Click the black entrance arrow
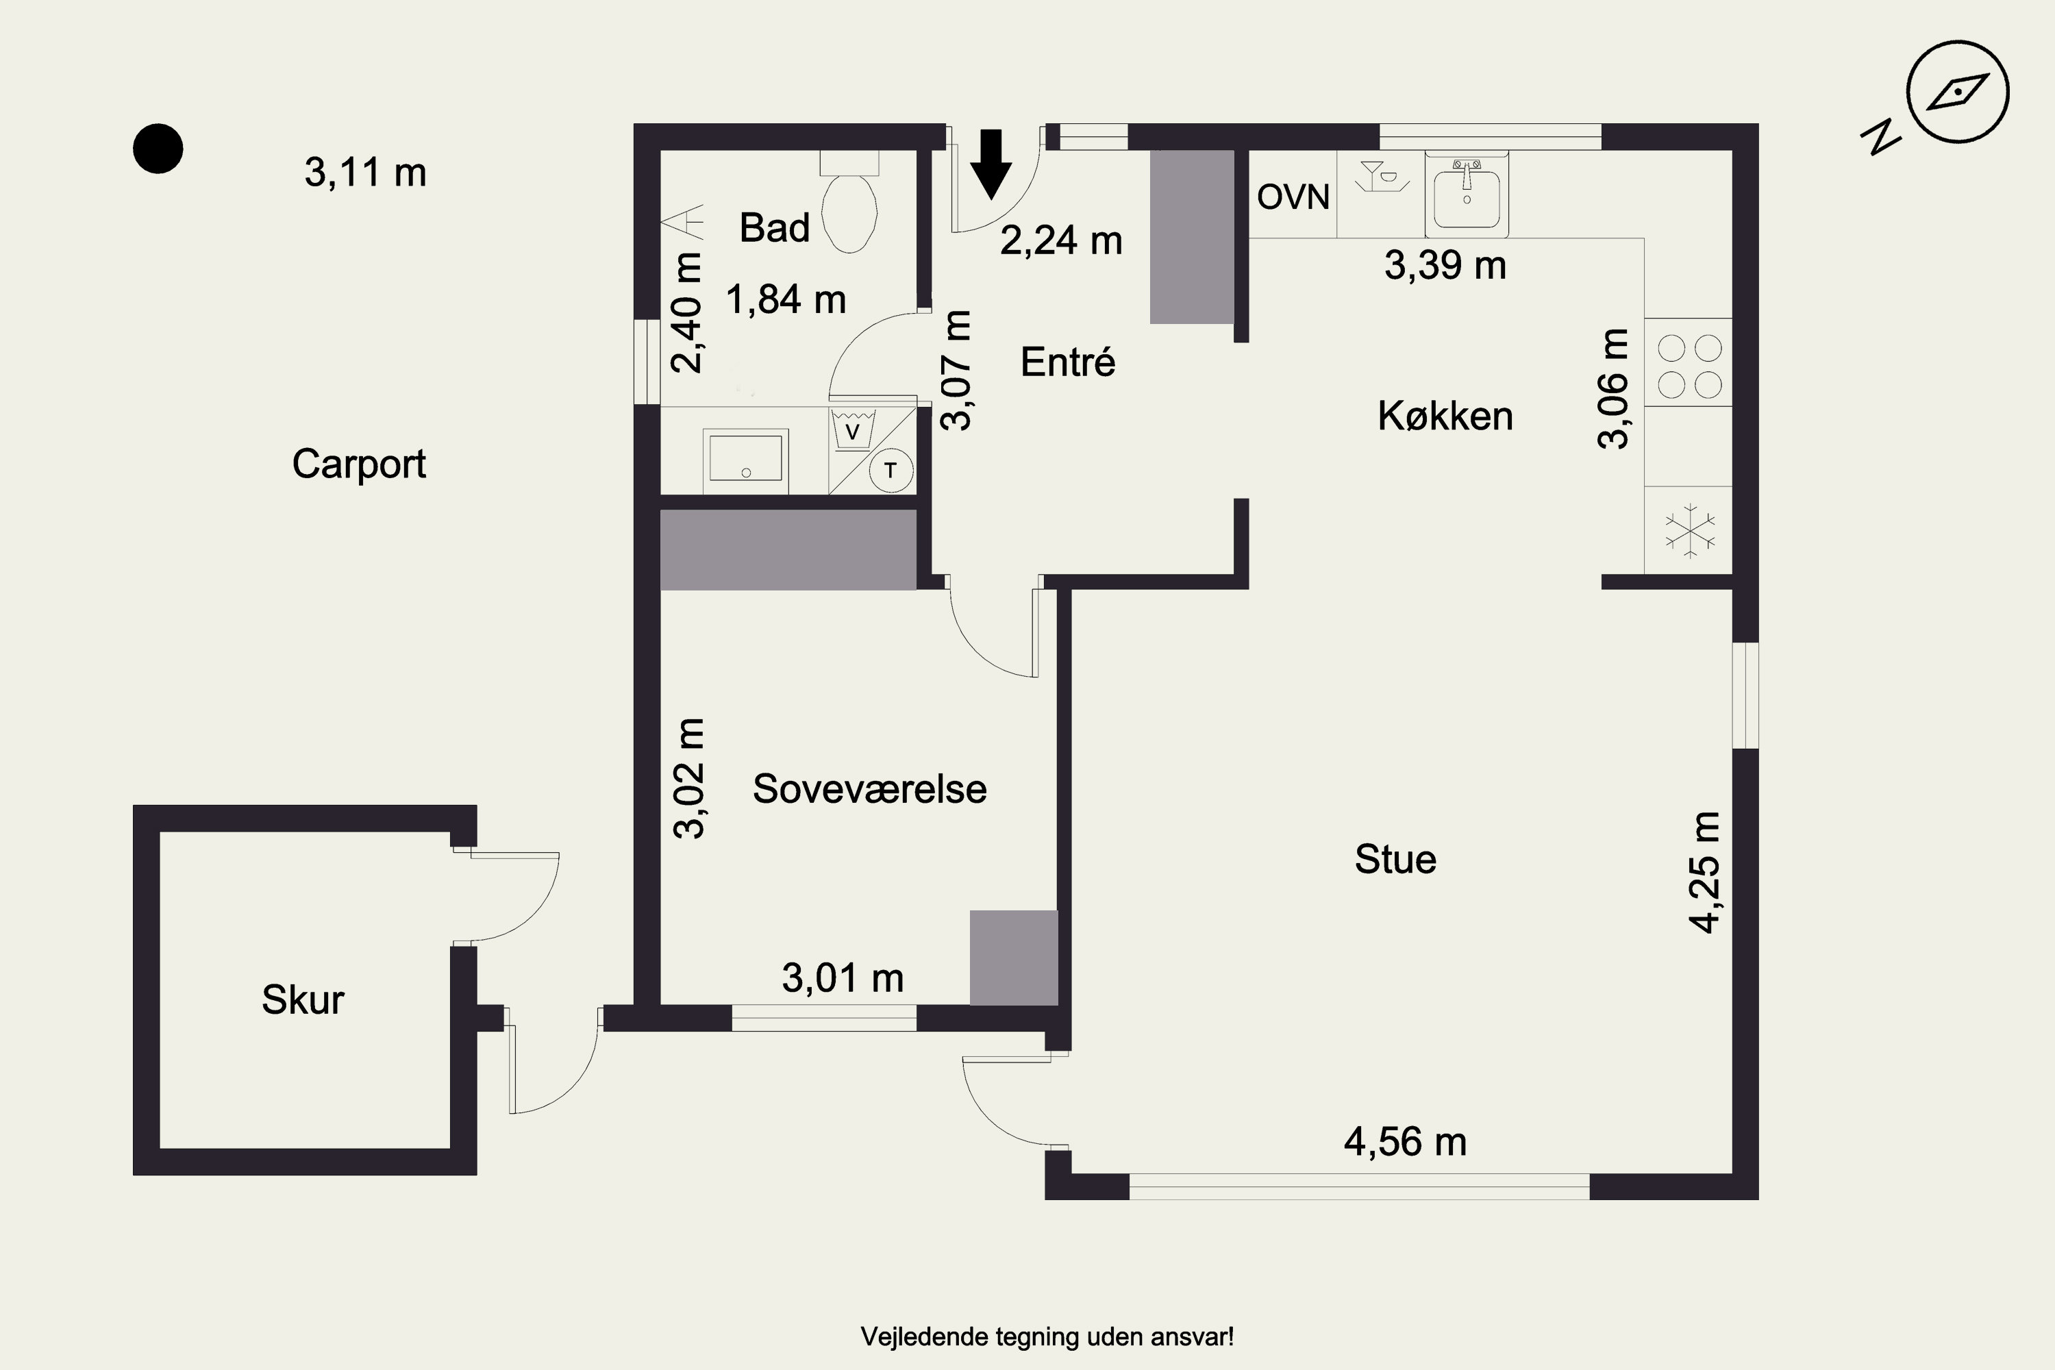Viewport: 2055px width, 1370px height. pyautogui.click(x=991, y=164)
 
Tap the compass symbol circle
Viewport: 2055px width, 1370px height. pyautogui.click(x=1958, y=91)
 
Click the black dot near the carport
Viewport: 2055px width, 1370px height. pyautogui.click(x=158, y=149)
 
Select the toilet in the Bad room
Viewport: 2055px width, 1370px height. pyautogui.click(x=849, y=202)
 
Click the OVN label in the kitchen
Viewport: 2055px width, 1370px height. pyautogui.click(x=1293, y=197)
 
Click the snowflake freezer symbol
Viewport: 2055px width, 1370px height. pyautogui.click(x=1691, y=530)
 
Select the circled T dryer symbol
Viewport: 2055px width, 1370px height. pyautogui.click(x=891, y=470)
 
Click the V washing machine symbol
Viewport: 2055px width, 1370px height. pyautogui.click(x=853, y=430)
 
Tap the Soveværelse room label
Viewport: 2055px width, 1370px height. pyautogui.click(x=869, y=789)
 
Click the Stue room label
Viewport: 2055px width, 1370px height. pyautogui.click(x=1395, y=860)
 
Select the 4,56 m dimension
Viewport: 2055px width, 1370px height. pyautogui.click(x=1405, y=1142)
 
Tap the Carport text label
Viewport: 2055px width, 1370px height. pyautogui.click(x=359, y=464)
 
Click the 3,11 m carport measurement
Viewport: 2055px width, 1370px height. pyautogui.click(x=365, y=172)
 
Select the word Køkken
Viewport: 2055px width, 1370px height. pyautogui.click(x=1445, y=416)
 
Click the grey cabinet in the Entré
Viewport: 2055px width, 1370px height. pyautogui.click(x=1192, y=237)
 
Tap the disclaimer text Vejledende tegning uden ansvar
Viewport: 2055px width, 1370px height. pyautogui.click(x=1047, y=1336)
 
